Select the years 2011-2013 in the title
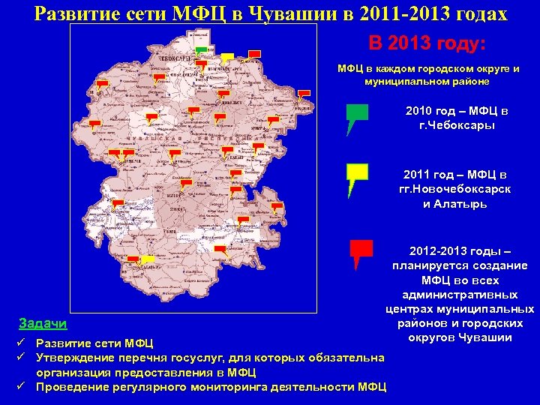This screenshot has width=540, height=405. [424, 14]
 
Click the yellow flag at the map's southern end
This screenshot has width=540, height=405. [148, 259]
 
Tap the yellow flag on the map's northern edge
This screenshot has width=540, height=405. [227, 56]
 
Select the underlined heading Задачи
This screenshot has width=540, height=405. [42, 324]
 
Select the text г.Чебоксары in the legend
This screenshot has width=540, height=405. [457, 125]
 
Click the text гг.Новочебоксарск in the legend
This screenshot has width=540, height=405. [457, 189]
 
